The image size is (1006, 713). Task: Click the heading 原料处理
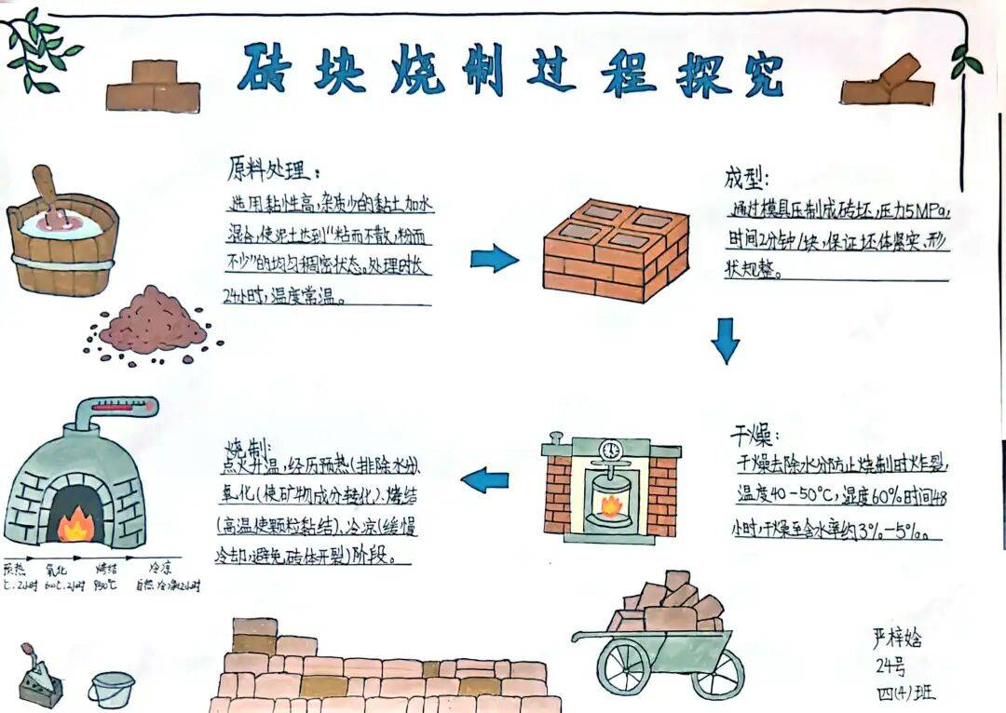tap(274, 170)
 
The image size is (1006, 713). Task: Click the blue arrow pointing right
tap(494, 258)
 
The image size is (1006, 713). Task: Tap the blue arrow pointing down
tap(726, 341)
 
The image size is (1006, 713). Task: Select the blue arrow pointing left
tap(486, 480)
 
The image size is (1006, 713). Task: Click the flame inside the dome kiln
tap(73, 527)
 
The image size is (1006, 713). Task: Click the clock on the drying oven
tap(610, 449)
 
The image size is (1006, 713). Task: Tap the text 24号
tap(890, 666)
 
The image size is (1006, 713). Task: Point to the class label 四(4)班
tap(904, 693)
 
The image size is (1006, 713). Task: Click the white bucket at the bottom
tap(112, 689)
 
